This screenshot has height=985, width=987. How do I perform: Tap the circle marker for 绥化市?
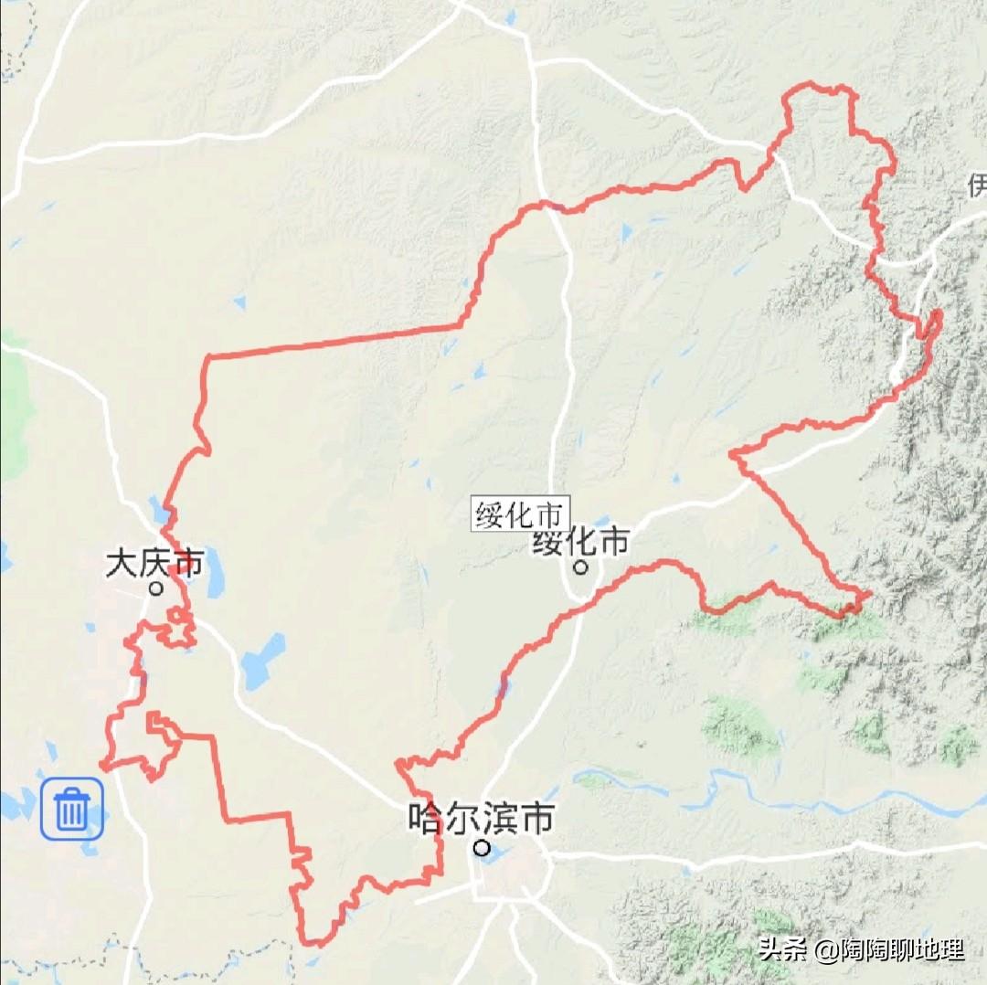580,568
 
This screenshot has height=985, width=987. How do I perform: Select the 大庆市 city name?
154,562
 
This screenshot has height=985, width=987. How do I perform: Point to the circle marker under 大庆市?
156,588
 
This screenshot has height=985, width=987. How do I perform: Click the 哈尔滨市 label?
481,819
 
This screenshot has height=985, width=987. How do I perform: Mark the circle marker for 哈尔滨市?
482,848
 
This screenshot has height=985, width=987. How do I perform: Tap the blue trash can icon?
71,810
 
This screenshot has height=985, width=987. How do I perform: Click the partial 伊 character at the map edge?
977,186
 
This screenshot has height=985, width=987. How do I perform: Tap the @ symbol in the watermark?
827,950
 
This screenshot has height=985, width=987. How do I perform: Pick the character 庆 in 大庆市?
154,562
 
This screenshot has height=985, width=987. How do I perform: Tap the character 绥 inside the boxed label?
491,514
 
